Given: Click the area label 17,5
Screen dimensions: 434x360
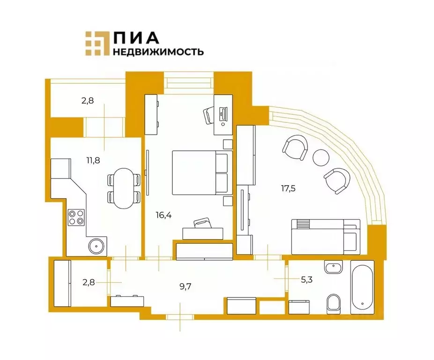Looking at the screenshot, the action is [288, 188].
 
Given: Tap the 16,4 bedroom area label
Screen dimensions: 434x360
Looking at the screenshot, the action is [164, 215].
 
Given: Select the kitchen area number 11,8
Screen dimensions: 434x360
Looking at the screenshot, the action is [93, 160].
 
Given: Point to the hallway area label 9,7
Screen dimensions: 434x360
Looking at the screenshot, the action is [186, 286].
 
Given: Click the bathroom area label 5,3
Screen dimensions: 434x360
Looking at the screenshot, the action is [307, 280].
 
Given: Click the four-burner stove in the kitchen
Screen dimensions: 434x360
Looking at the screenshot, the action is [76, 217].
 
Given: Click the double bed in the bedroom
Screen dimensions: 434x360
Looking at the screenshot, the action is [202, 172].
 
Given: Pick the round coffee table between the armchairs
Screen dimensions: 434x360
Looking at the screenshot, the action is [321, 157].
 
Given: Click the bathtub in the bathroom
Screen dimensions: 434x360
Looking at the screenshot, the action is [362, 287].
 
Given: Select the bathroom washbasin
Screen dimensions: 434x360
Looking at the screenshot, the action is [334, 268].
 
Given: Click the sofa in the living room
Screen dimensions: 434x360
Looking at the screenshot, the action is [326, 237].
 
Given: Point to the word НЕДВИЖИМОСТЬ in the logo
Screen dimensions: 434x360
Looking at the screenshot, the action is [158, 51].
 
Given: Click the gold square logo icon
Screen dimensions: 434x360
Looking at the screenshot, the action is [97, 43].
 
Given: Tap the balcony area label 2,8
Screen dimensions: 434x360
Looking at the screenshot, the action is [88, 101].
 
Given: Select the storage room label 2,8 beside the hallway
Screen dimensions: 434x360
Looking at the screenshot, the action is [89, 283].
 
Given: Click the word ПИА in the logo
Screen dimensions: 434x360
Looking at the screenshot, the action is [136, 37].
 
